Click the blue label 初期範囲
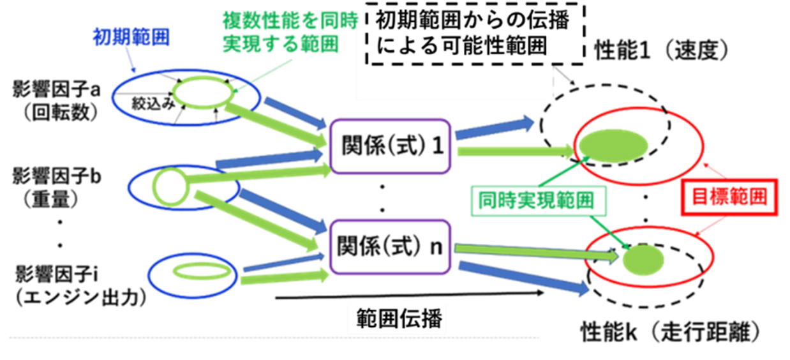pyautogui.click(x=131, y=38)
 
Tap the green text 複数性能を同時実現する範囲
pyautogui.click(x=280, y=33)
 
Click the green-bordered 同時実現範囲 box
pyautogui.click(x=536, y=201)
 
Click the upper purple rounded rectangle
pyautogui.click(x=389, y=146)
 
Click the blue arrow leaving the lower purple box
pyautogui.click(x=523, y=278)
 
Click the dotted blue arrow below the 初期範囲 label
pyautogui.click(x=132, y=62)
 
